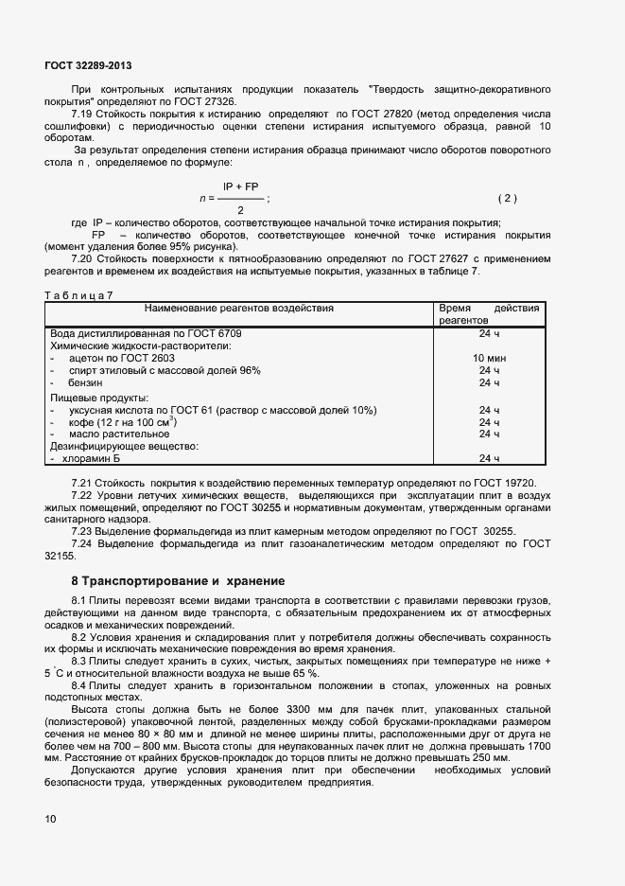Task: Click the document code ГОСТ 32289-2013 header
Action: click(88, 66)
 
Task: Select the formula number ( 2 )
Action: click(508, 198)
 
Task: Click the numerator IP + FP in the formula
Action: click(239, 187)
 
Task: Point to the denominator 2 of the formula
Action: click(239, 209)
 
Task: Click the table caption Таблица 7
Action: click(78, 295)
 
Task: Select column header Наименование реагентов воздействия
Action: click(238, 309)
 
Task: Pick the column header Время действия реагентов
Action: click(488, 314)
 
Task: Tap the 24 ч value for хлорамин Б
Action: click(489, 458)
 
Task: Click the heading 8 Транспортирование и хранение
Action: click(178, 580)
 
